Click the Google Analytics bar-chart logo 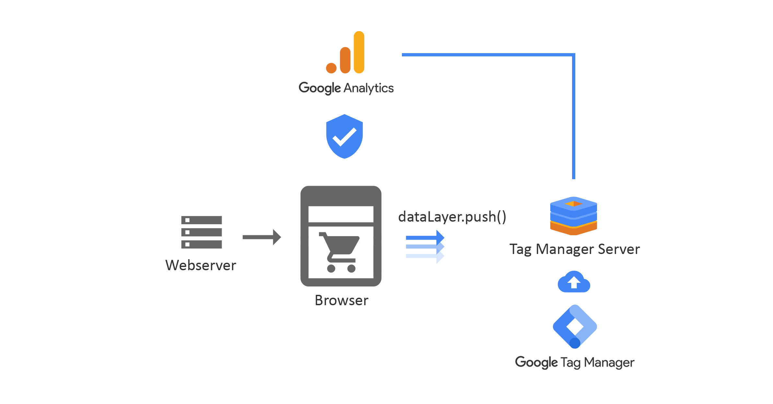point(346,53)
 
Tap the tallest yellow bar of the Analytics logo point(359,52)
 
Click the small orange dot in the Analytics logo point(331,68)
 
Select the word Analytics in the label point(369,88)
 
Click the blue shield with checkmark point(344,136)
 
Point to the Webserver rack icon point(201,232)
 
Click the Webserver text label point(201,265)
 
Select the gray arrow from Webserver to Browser point(261,237)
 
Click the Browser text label point(341,300)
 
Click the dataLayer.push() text point(452,217)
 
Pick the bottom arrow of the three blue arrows point(425,256)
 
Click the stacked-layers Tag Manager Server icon point(573,216)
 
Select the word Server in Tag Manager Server point(619,249)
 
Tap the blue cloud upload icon point(574,282)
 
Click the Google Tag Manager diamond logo point(575,326)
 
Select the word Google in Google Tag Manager point(536,362)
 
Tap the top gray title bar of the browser point(341,196)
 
